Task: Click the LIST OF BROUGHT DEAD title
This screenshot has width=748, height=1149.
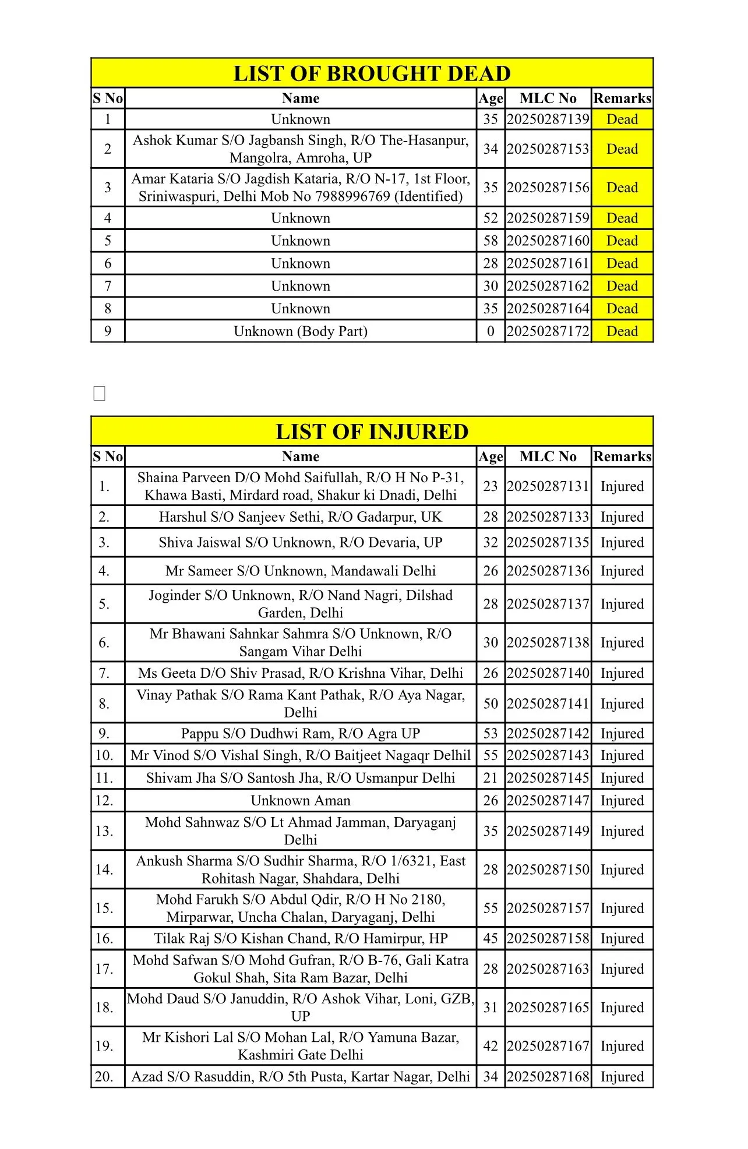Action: coord(372,73)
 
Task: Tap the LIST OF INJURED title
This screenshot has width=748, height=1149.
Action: coord(372,432)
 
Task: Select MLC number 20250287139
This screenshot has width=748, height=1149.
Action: coord(548,119)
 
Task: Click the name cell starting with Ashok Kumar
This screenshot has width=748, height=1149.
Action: coord(301,149)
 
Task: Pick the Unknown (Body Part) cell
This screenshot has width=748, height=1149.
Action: coord(301,331)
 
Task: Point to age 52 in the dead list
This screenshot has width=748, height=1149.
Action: coord(491,218)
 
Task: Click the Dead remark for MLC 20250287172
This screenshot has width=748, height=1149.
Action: coord(622,331)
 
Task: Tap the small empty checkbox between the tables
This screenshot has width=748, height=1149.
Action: coord(100,394)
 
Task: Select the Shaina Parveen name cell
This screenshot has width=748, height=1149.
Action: coord(301,486)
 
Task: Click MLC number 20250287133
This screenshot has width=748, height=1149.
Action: coord(548,517)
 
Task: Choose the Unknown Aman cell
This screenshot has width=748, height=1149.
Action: coord(301,801)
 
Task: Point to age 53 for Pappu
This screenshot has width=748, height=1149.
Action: coord(491,733)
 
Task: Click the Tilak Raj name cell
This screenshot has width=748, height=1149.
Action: coord(301,938)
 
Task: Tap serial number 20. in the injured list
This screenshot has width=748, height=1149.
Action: coord(104,1076)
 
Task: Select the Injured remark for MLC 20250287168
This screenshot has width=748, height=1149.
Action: coord(622,1076)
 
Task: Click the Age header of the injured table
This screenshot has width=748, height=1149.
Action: coord(491,457)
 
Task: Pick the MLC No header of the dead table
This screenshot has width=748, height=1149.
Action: coord(548,98)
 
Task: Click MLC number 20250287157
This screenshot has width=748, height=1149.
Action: coord(548,908)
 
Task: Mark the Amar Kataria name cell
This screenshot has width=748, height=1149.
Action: coord(301,187)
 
